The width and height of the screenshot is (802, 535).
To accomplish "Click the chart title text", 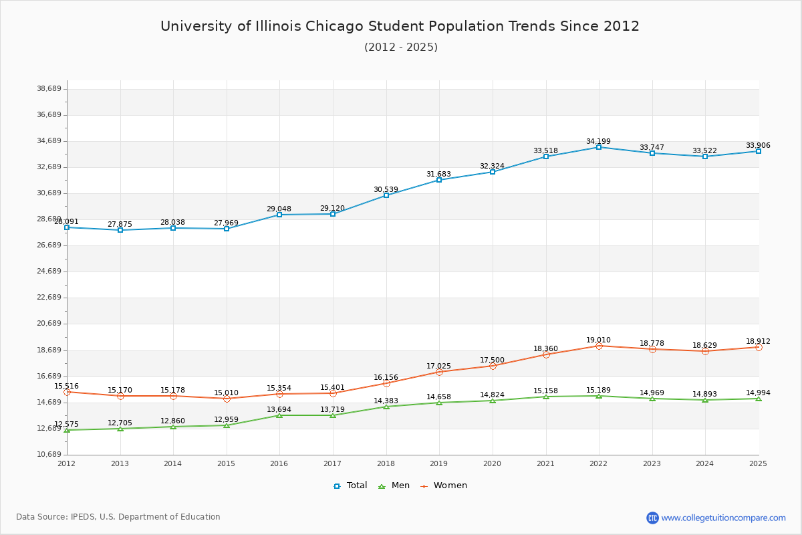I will tap(400, 26).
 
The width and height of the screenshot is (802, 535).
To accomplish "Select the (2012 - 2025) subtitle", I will tap(400, 47).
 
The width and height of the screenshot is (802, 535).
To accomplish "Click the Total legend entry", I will tap(350, 486).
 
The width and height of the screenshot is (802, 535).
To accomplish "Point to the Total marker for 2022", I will tap(599, 147).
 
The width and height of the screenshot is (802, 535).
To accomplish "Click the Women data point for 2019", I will tap(439, 372).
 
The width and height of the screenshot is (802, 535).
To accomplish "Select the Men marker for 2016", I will tap(279, 415).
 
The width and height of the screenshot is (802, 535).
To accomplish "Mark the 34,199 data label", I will tap(598, 142).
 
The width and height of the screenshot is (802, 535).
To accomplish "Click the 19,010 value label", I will tap(598, 340).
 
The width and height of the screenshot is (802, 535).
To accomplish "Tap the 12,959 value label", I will tap(226, 420).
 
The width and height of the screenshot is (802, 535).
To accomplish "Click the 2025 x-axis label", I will tap(758, 463).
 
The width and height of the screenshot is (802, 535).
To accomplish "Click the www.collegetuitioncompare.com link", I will tap(723, 518).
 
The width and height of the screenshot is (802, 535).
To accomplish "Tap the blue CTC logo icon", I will tap(652, 518).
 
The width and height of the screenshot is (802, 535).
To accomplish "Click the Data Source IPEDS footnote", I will tap(118, 517).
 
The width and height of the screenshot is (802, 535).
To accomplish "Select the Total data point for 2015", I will tap(227, 229).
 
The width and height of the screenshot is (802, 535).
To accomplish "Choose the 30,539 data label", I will tap(386, 190).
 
